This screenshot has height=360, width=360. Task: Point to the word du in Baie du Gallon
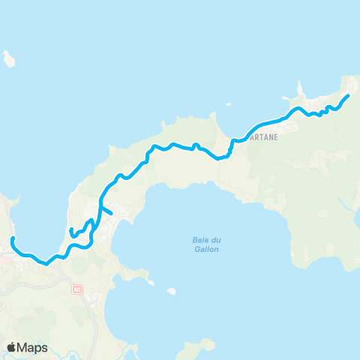(x=205, y=240)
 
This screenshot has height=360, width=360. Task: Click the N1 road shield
(x=77, y=288)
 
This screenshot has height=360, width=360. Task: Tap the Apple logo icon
(x=12, y=347)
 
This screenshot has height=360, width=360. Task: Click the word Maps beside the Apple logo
(x=34, y=347)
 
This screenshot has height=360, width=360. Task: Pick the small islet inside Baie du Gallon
(x=172, y=291)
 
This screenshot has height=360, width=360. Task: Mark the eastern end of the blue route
(x=349, y=96)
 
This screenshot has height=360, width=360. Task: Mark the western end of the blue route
(x=13, y=238)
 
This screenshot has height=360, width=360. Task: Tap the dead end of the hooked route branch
(x=70, y=230)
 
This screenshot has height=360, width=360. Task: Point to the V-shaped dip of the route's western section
(x=46, y=263)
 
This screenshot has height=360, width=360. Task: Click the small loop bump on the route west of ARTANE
(x=195, y=145)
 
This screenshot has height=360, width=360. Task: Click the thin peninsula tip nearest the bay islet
(x=153, y=284)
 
